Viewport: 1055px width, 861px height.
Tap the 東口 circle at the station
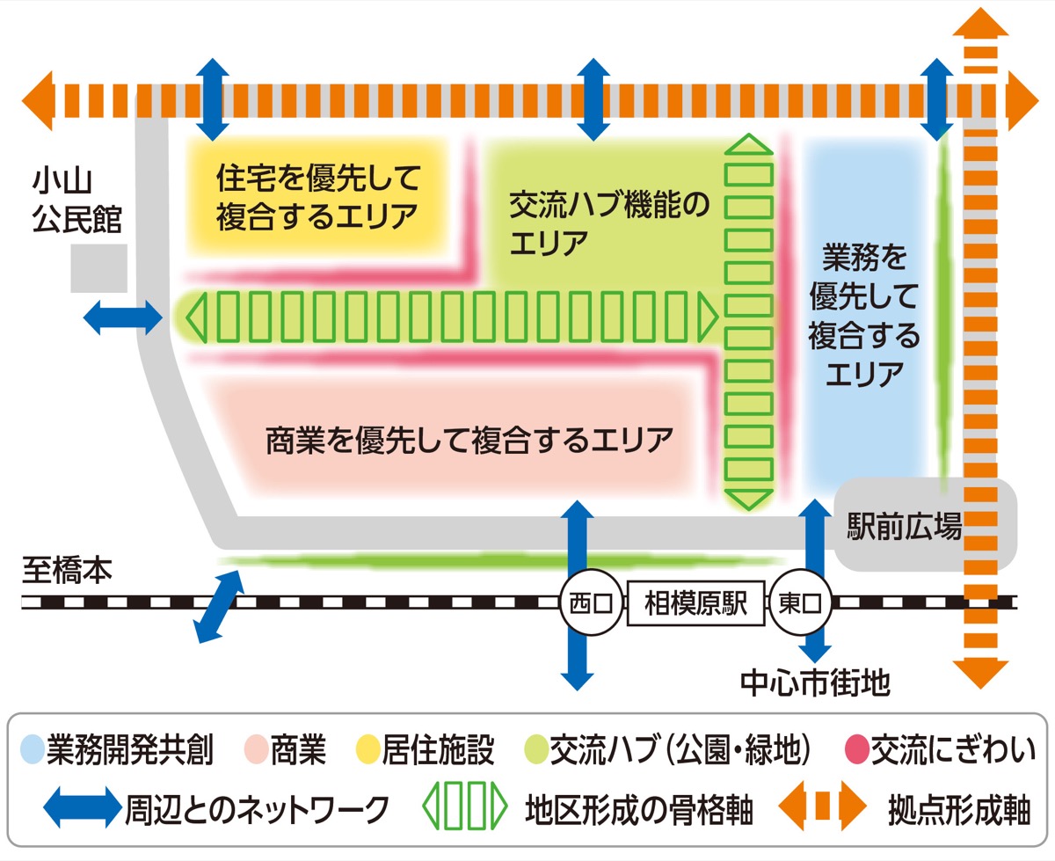pyautogui.click(x=800, y=604)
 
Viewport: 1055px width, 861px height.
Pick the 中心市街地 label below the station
pyautogui.click(x=815, y=682)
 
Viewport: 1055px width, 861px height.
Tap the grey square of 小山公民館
pyautogui.click(x=98, y=268)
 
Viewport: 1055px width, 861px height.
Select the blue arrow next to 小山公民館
pyautogui.click(x=123, y=317)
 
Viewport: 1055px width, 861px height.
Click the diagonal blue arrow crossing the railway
pyautogui.click(x=218, y=607)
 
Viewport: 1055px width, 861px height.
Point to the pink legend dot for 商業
pyautogui.click(x=257, y=750)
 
